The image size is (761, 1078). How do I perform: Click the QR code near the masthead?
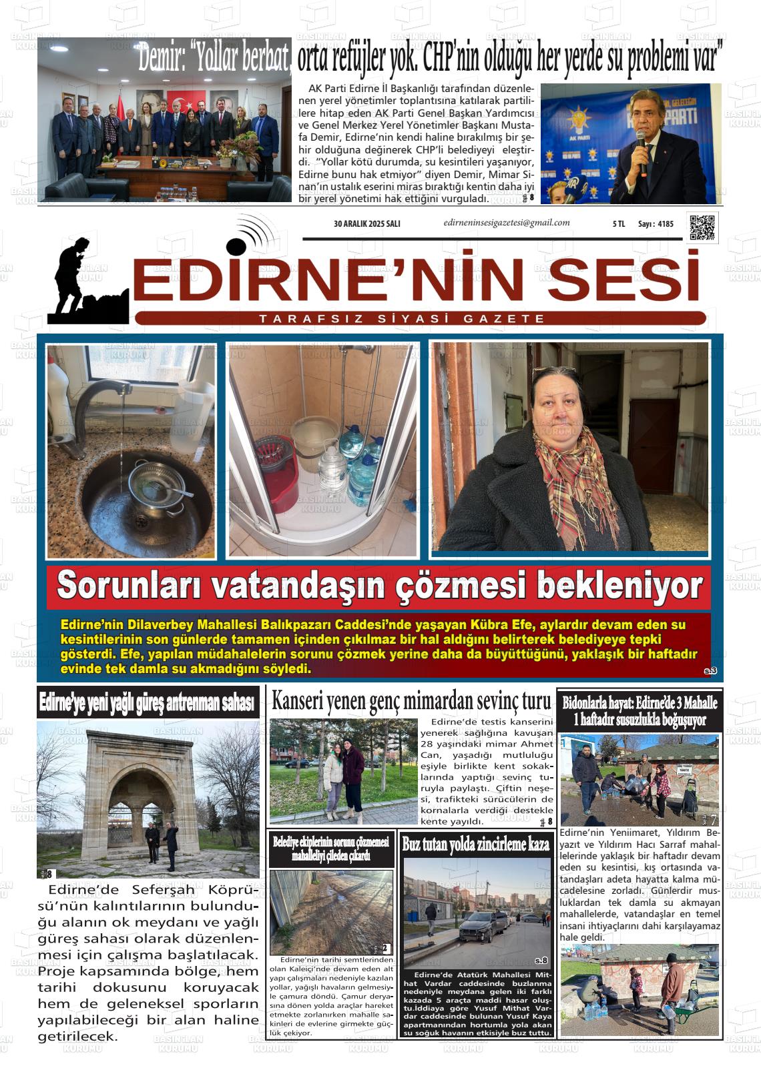(703, 227)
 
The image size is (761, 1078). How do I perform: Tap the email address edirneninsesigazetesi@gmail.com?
(506, 223)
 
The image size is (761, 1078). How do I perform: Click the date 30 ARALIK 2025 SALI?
(366, 224)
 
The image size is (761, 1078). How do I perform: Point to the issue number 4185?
(666, 224)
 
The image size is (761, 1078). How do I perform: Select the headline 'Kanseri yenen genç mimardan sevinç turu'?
(411, 701)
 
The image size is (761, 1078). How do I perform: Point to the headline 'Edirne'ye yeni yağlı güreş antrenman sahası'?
(148, 702)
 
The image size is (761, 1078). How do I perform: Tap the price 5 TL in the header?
(618, 224)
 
